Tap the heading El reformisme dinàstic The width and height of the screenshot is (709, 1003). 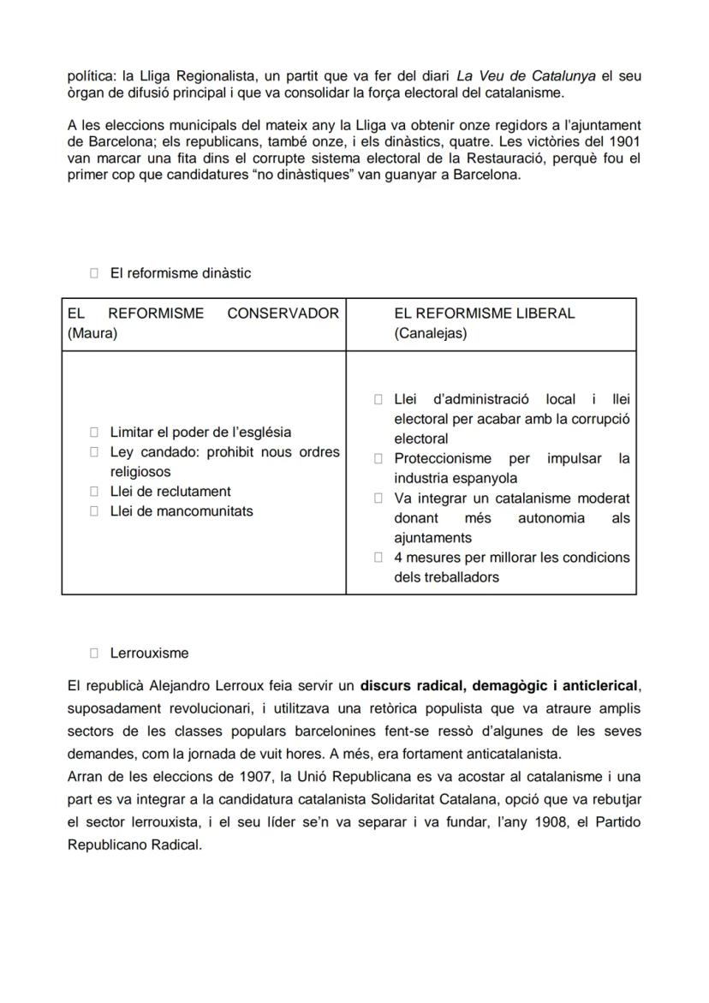pyautogui.click(x=180, y=273)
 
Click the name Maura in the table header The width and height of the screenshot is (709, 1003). pyautogui.click(x=92, y=333)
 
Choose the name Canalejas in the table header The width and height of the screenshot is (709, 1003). pyautogui.click(x=431, y=333)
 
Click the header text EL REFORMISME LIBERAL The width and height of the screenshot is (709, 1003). pyautogui.click(x=484, y=313)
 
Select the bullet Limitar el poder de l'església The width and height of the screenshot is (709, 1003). pyautogui.click(x=200, y=432)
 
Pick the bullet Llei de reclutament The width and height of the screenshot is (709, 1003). pyautogui.click(x=170, y=491)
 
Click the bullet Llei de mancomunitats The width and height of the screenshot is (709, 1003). pyautogui.click(x=182, y=510)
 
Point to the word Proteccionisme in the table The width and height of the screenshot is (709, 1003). pyautogui.click(x=443, y=458)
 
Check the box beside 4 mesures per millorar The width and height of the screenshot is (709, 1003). pyautogui.click(x=378, y=558)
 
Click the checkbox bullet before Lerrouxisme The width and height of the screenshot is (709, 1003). pyautogui.click(x=94, y=653)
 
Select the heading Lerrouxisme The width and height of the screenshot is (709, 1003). pyautogui.click(x=149, y=653)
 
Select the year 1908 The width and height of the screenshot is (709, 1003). pyautogui.click(x=504, y=821)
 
